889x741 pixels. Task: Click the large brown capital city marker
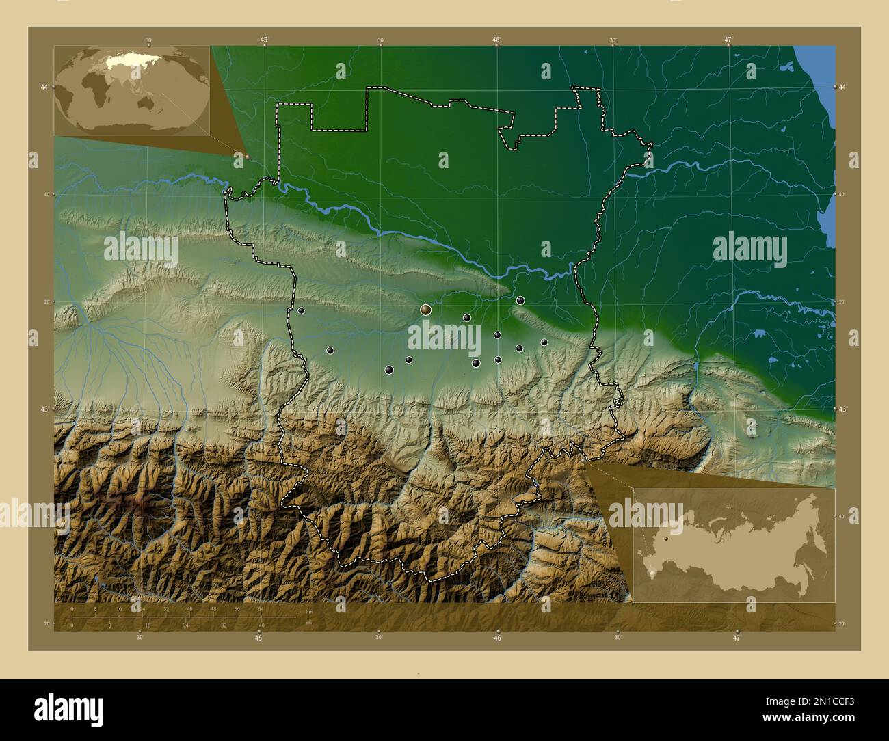[x=425, y=310]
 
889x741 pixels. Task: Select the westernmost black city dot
[x=301, y=310]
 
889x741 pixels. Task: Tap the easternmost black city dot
[x=544, y=342]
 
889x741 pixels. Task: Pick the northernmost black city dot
[x=520, y=300]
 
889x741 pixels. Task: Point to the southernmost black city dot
[x=390, y=370]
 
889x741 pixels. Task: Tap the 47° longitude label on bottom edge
[x=737, y=638]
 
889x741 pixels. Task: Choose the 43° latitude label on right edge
[x=842, y=409]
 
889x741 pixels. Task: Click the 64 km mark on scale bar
[x=261, y=608]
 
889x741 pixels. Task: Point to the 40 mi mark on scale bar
[x=262, y=625]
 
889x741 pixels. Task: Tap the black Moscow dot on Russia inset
[x=665, y=539]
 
